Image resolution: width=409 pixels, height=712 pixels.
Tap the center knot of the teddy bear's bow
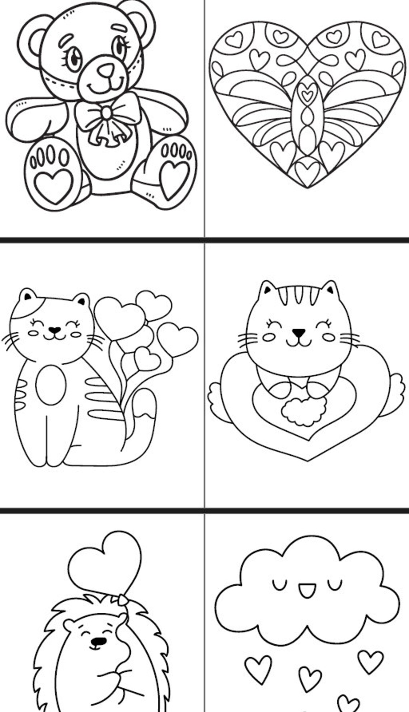[107, 113]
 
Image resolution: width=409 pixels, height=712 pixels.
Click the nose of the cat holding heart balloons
[54, 329]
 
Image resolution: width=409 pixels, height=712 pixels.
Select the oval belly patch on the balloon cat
[51, 385]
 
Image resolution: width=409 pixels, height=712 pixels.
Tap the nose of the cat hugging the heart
[298, 332]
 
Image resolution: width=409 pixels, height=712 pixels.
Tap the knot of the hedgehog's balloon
[123, 599]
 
